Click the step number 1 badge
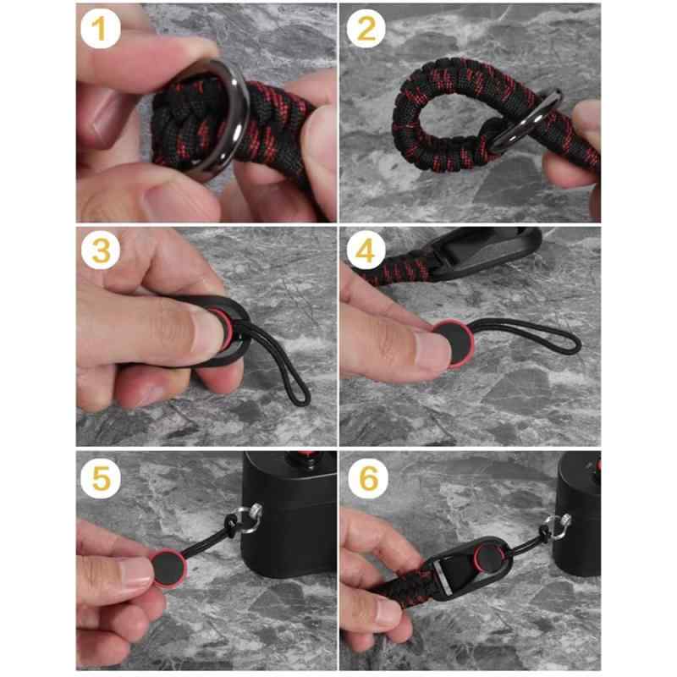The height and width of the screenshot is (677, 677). pos(100,29)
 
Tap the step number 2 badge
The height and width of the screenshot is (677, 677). pos(366,29)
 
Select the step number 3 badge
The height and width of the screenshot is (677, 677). pos(101,250)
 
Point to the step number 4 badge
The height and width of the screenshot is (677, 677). pos(366,250)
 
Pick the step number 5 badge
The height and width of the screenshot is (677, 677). pos(100,478)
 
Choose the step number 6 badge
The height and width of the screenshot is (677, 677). pos(368,478)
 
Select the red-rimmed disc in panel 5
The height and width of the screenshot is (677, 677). pos(169,568)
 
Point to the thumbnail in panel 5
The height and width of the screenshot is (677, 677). pos(137,572)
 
